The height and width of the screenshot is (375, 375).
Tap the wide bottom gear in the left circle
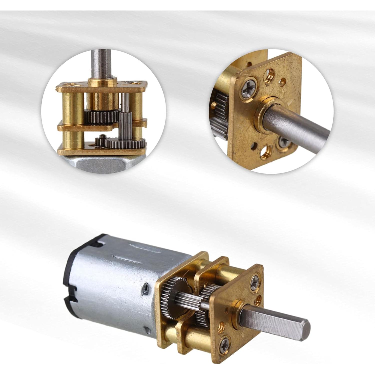125,143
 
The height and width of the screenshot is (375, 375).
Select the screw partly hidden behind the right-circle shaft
284,142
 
